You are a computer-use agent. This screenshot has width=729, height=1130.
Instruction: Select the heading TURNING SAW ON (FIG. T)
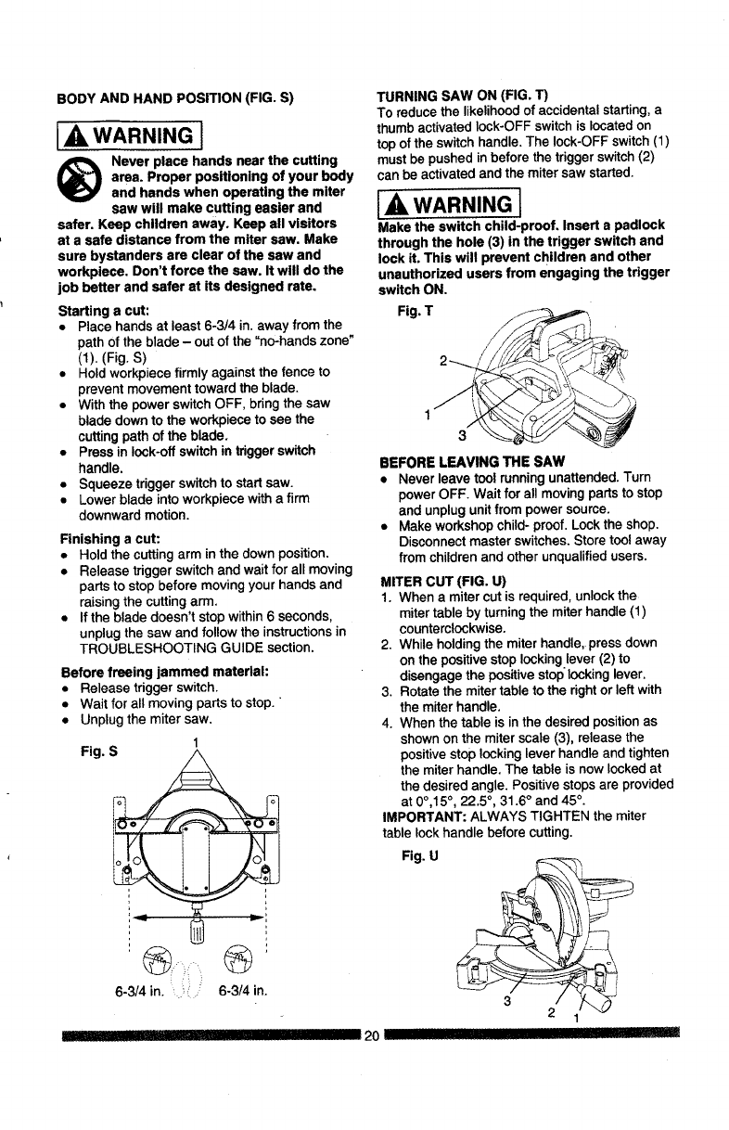(462, 96)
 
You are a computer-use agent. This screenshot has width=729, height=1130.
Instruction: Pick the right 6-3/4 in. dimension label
(243, 983)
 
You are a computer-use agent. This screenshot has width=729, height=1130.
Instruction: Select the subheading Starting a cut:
(99, 309)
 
